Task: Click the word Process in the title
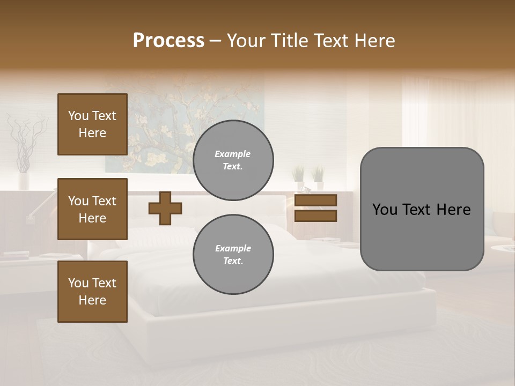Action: coord(168,41)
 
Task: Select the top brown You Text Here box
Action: coord(92,124)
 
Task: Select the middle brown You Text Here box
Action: coord(92,209)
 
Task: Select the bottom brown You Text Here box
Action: coord(92,291)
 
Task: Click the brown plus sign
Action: coord(165,208)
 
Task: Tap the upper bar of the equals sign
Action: coord(315,201)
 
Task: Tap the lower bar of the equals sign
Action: coord(315,216)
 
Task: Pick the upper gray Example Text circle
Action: coord(233,160)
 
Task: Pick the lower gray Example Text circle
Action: coord(233,255)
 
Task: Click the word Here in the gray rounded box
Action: coord(454,210)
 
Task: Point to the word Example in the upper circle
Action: coord(232,154)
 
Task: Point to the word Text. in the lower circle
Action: coord(232,261)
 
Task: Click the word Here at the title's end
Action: coord(375,41)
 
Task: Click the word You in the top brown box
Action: coord(78,116)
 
